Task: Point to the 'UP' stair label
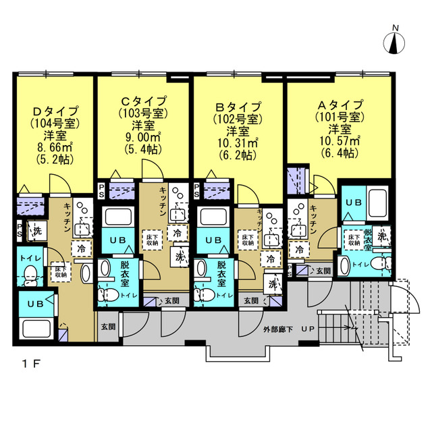tap(308, 330)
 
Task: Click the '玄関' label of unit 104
tap(108, 327)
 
